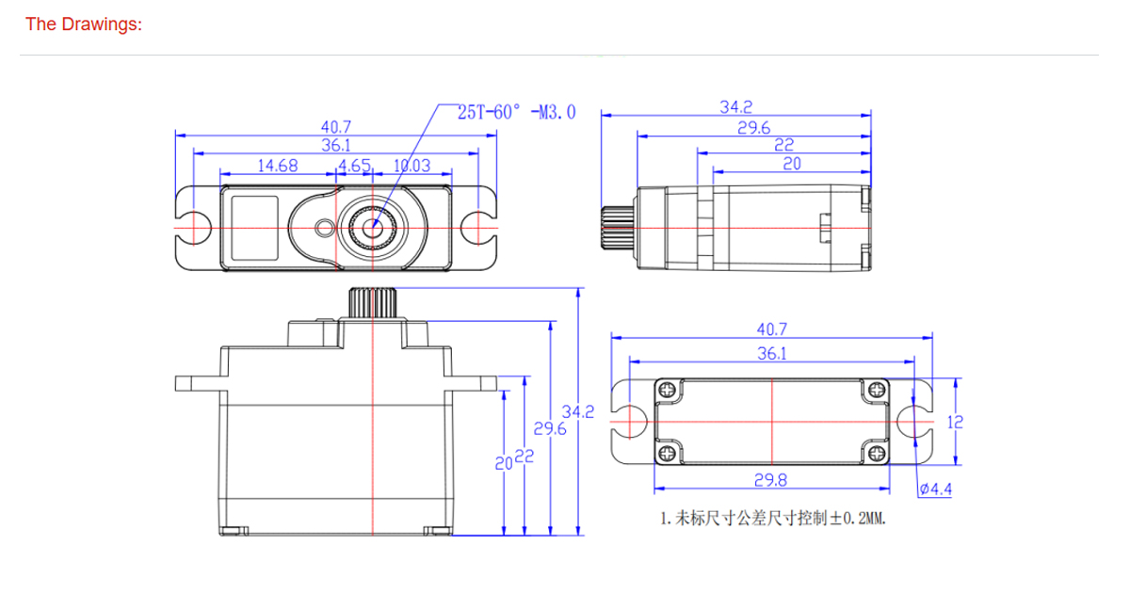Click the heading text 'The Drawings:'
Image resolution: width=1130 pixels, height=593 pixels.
click(84, 24)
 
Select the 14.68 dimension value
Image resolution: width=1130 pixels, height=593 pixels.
click(278, 166)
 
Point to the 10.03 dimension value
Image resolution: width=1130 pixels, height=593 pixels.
click(411, 166)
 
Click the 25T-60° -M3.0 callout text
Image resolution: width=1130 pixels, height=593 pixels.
click(515, 112)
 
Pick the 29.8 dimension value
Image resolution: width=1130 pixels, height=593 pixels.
click(770, 480)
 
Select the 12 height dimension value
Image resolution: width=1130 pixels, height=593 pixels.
click(955, 422)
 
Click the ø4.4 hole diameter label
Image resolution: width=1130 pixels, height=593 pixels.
click(936, 489)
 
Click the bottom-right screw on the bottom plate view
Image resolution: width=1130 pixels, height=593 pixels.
click(877, 455)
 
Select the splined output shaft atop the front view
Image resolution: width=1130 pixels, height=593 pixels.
click(373, 302)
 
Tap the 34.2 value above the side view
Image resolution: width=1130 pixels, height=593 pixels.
click(736, 107)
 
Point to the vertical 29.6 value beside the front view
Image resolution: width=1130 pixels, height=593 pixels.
click(549, 428)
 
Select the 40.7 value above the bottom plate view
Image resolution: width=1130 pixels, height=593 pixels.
click(771, 329)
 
